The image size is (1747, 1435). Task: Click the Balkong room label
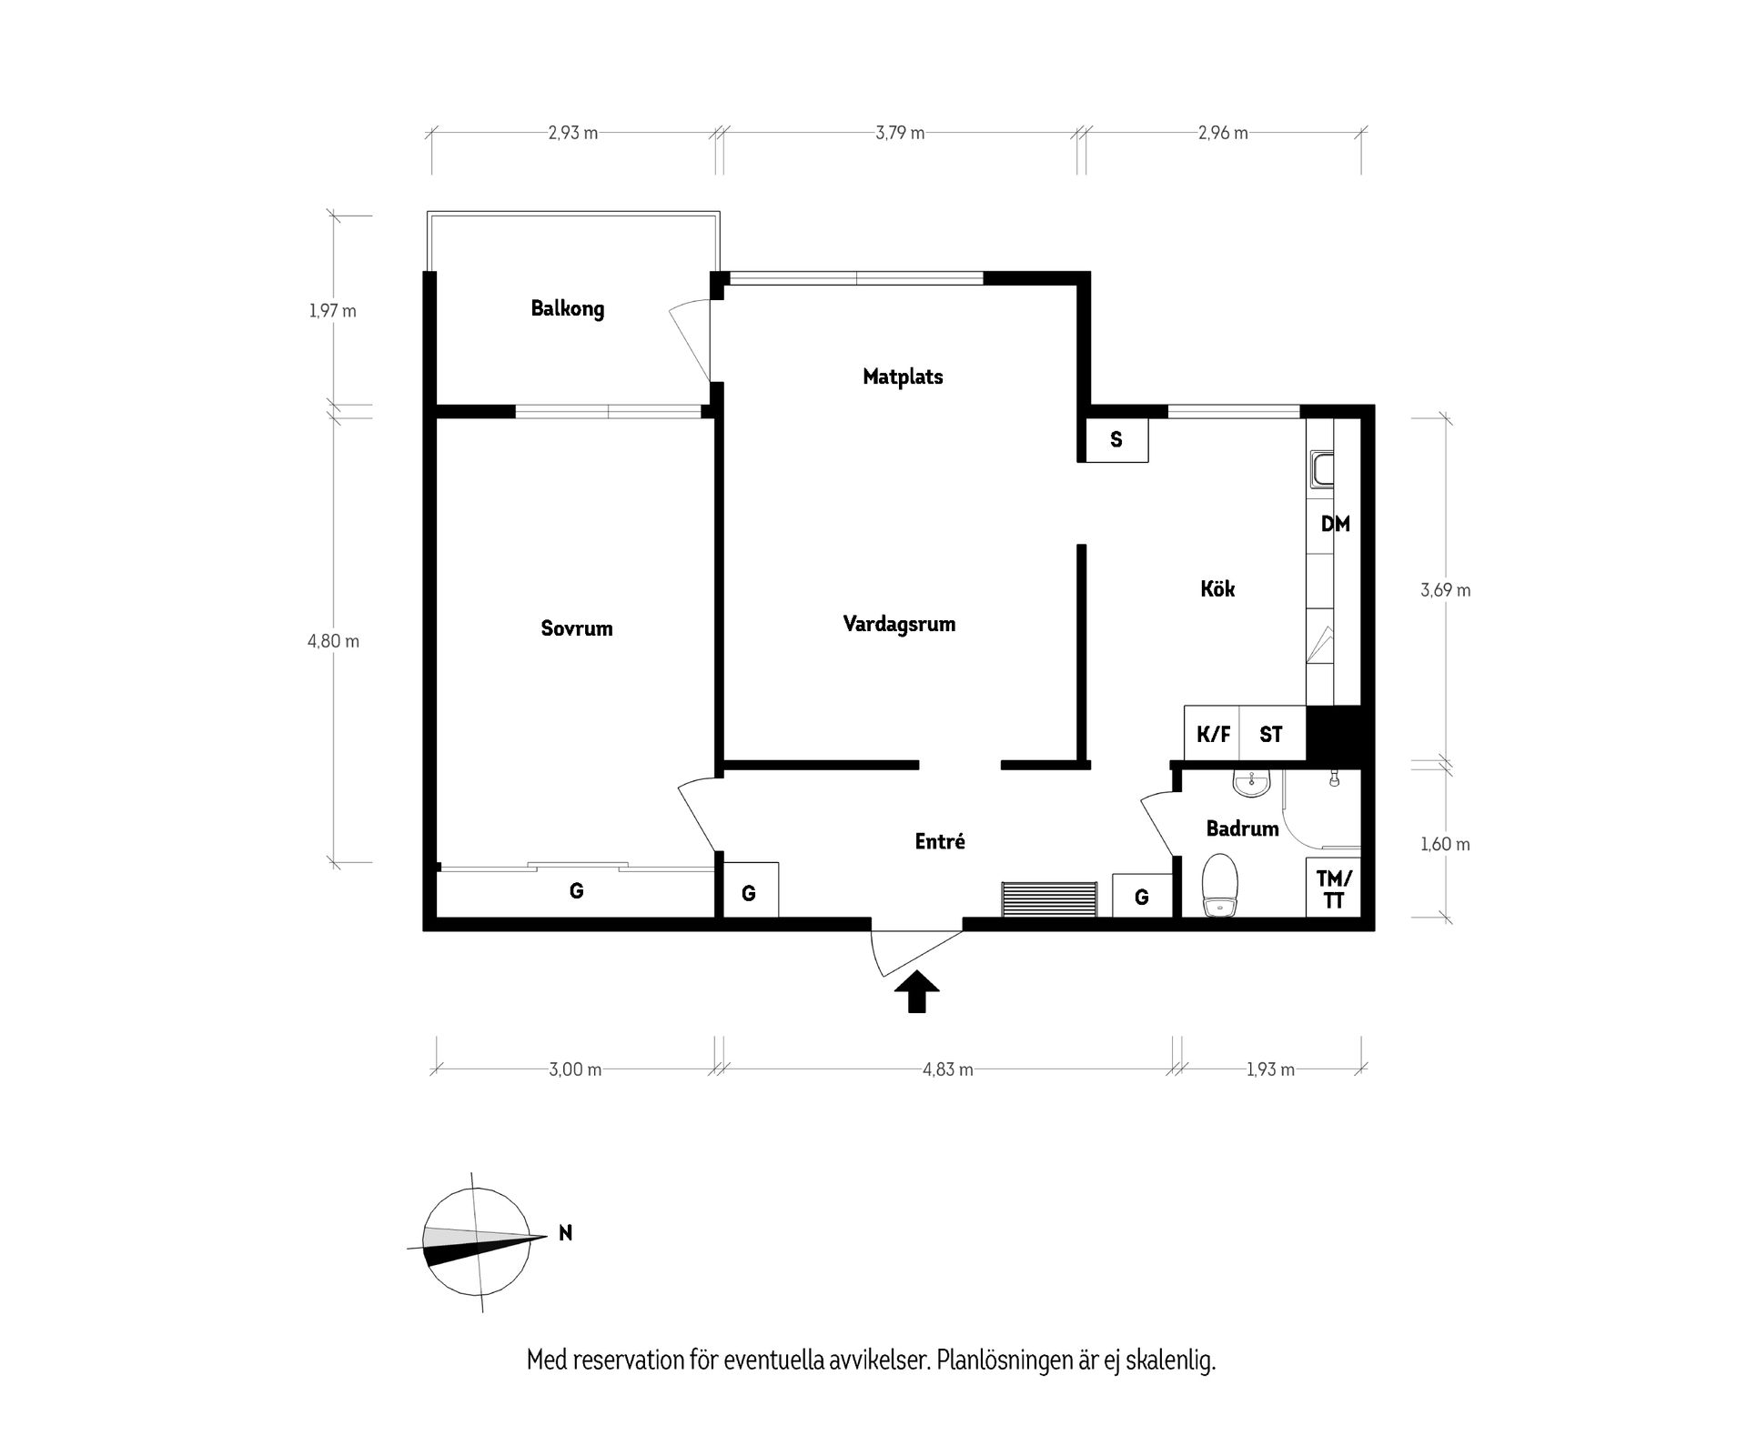click(x=567, y=309)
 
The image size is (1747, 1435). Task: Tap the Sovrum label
click(x=576, y=628)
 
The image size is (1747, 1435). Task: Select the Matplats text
click(x=903, y=376)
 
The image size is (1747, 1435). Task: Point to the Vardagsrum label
click(x=899, y=625)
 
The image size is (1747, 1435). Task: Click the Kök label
click(x=1217, y=589)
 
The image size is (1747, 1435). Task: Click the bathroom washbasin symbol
click(x=1251, y=782)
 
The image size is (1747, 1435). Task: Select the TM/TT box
click(x=1334, y=888)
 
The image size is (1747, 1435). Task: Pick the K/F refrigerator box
click(x=1212, y=734)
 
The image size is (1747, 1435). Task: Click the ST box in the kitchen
click(x=1271, y=734)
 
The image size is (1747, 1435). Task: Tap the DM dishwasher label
click(x=1335, y=525)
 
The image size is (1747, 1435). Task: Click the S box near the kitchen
click(x=1116, y=440)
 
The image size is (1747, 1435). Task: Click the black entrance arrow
click(x=917, y=991)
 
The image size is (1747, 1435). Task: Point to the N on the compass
click(x=565, y=1233)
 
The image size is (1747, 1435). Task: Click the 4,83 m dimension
click(x=947, y=1069)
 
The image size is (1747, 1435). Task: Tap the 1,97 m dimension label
click(x=333, y=311)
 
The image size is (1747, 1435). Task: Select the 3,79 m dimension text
click(x=900, y=133)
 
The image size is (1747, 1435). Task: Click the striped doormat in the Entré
click(x=1049, y=899)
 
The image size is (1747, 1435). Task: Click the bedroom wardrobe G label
click(x=576, y=891)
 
